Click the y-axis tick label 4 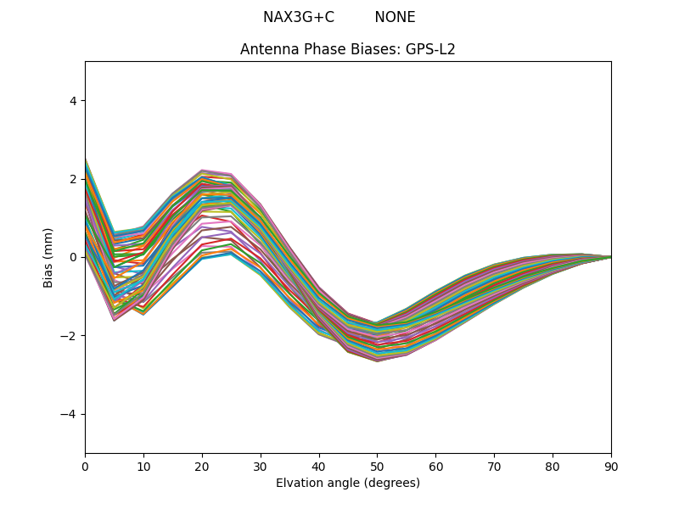pyautogui.click(x=73, y=101)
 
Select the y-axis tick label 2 pyautogui.click(x=73, y=179)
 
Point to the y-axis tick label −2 pyautogui.click(x=70, y=336)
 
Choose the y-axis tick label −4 pyautogui.click(x=70, y=414)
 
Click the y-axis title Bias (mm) pyautogui.click(x=48, y=257)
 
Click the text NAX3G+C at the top pyautogui.click(x=298, y=17)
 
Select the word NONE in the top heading pyautogui.click(x=395, y=17)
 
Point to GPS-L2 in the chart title pyautogui.click(x=431, y=49)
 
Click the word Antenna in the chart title pyautogui.click(x=266, y=49)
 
